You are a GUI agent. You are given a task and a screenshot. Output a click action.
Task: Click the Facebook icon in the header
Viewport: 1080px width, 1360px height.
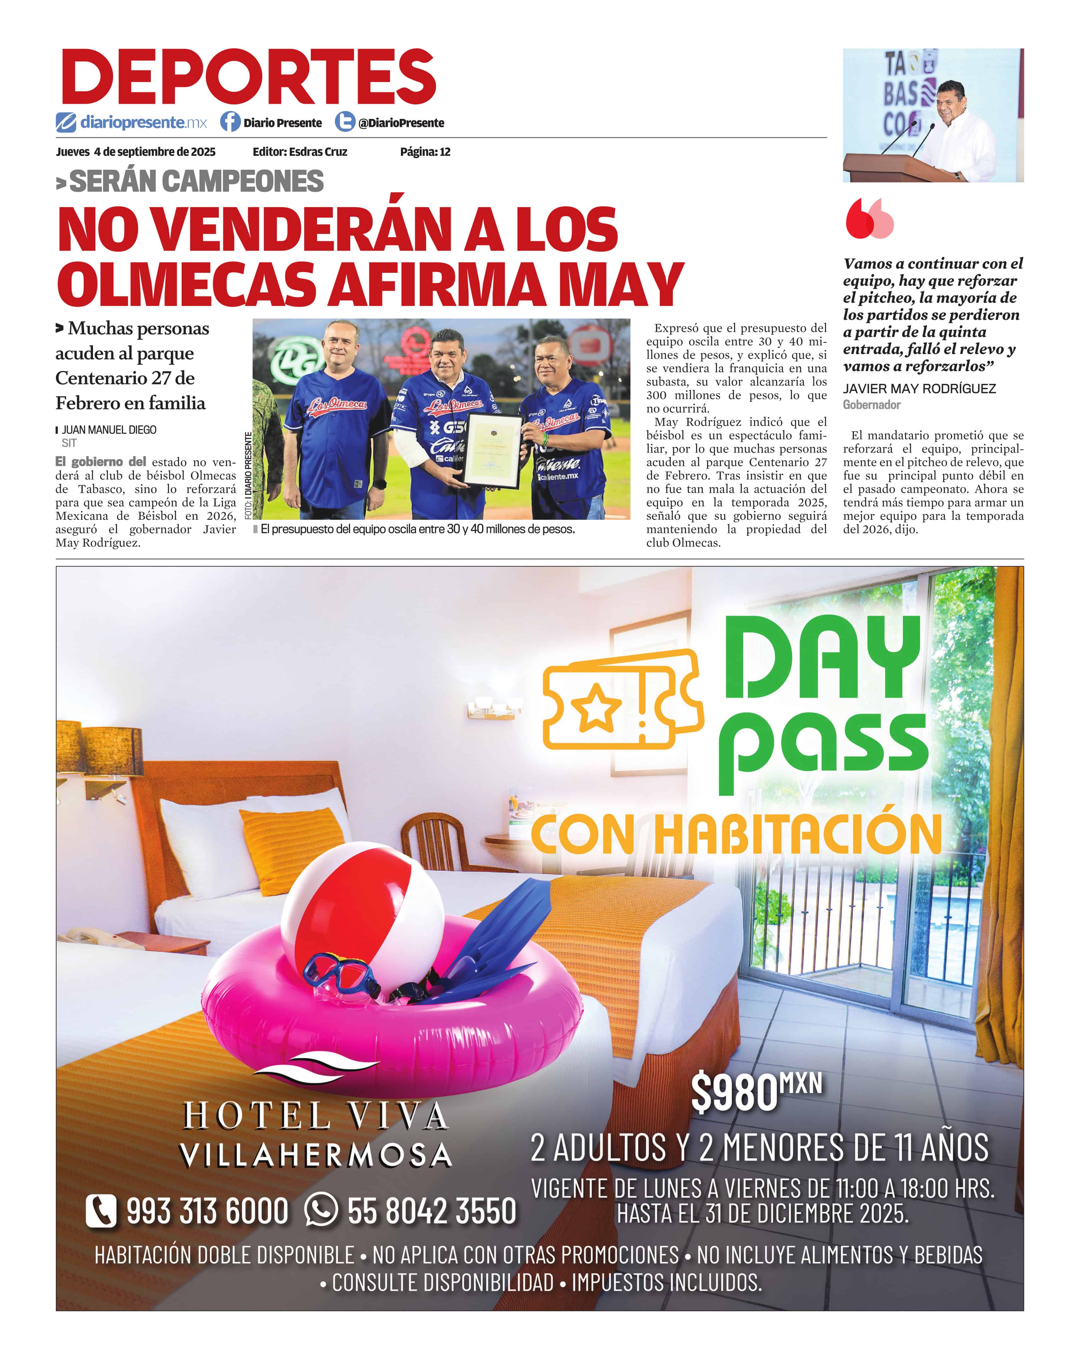pos(230,122)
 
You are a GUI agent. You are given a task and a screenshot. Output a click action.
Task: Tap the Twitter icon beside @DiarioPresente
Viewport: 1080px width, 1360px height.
pos(344,122)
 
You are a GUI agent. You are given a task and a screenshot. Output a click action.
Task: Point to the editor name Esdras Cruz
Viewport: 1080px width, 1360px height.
pos(318,152)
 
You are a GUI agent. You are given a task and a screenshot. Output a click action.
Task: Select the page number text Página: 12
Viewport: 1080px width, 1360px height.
pos(425,152)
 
